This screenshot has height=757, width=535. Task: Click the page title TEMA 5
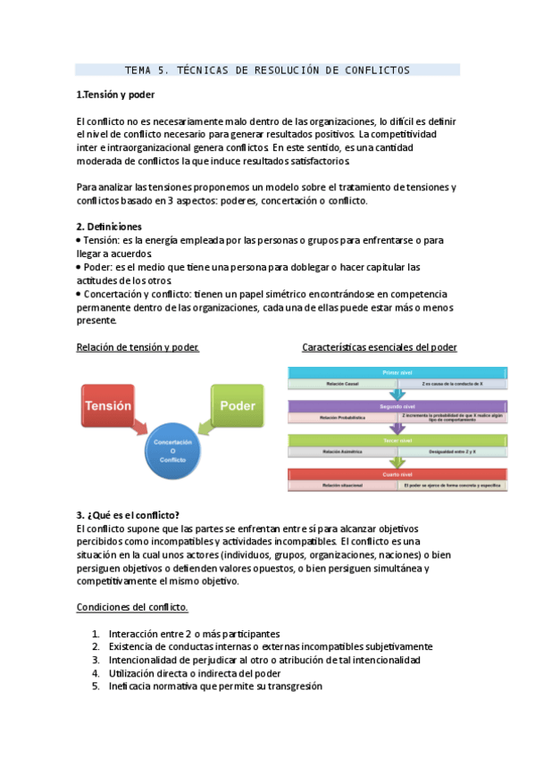click(267, 70)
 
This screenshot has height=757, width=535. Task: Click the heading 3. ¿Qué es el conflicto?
click(128, 515)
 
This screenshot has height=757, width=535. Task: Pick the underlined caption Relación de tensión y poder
click(138, 347)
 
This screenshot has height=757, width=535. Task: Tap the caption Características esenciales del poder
click(380, 347)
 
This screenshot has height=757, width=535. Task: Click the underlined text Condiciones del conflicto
click(131, 607)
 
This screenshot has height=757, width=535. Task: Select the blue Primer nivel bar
click(397, 370)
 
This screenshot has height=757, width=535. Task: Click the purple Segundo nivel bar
click(397, 405)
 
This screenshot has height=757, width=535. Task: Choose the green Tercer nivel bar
click(397, 440)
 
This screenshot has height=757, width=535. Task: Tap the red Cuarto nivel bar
click(397, 474)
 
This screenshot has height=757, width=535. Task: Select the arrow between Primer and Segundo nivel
click(397, 394)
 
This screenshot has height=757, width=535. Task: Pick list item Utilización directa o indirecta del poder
click(195, 673)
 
